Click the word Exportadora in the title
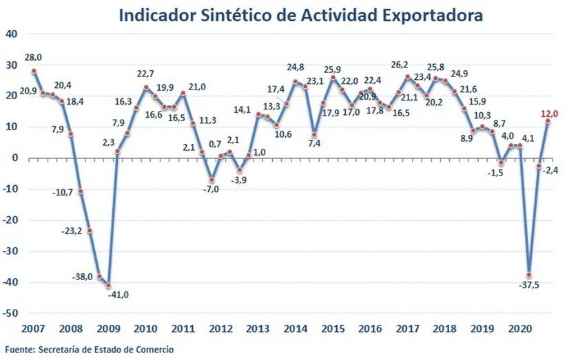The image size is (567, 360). pos(431,15)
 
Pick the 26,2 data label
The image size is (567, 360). pos(401,65)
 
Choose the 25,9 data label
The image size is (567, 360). pos(333,68)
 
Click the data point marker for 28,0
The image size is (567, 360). pos(34,71)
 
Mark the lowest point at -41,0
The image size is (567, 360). pos(109,286)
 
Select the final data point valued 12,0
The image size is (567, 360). pos(548,121)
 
